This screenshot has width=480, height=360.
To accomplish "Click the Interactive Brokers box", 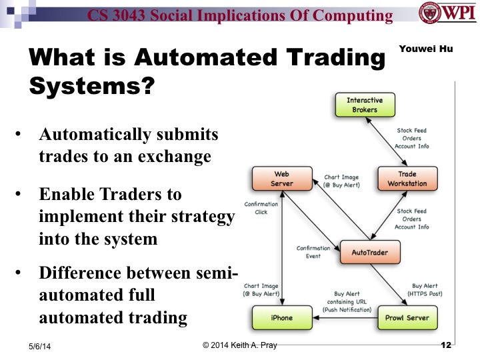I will [x=362, y=105].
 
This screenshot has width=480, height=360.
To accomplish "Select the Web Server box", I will [x=281, y=179].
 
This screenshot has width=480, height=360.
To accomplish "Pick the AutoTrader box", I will [x=369, y=253].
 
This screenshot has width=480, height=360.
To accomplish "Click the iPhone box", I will [x=281, y=317].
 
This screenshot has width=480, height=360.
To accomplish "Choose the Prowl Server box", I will [x=409, y=317].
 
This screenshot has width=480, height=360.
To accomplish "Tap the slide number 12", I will [x=446, y=345].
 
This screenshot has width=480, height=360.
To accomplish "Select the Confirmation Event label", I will [x=313, y=252].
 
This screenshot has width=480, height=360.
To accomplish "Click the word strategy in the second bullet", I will [x=201, y=217].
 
